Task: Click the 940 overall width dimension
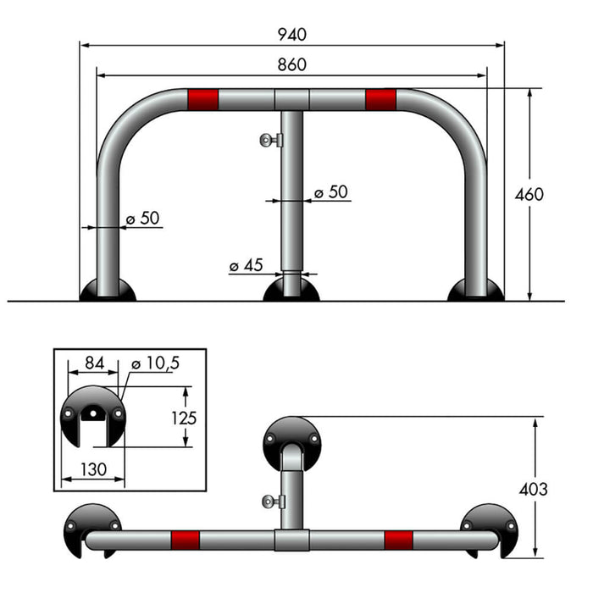tap(291, 35)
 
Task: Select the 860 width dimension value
tap(291, 64)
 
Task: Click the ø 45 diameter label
tap(247, 265)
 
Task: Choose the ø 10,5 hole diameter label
tap(156, 363)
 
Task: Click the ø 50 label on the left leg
tap(142, 218)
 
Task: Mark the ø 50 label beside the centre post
tap(330, 192)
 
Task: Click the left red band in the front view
tap(202, 99)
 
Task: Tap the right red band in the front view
tap(381, 99)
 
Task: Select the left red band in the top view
tap(185, 540)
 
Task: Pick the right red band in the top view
tap(398, 540)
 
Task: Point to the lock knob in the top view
tap(273, 502)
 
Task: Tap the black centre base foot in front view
tap(291, 291)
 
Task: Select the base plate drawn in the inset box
tap(92, 414)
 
